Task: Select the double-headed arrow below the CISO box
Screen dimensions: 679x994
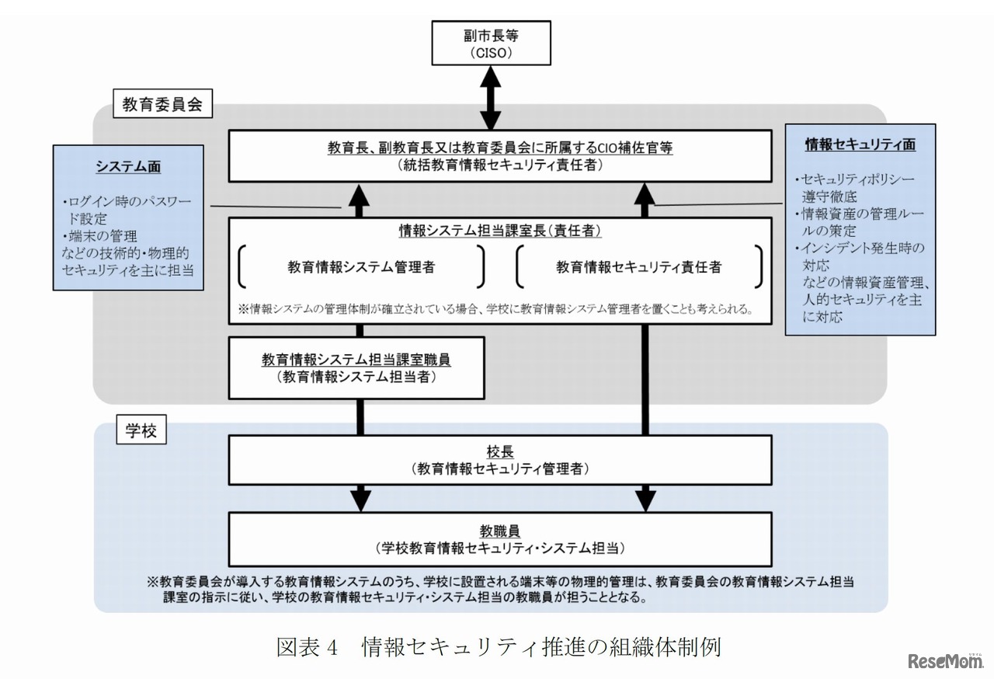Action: pos(491,98)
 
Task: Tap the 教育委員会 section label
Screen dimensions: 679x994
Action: pos(162,105)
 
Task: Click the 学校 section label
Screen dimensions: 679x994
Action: pos(141,431)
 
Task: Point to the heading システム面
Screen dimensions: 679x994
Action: pos(129,166)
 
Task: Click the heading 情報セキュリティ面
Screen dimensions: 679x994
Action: pos(860,145)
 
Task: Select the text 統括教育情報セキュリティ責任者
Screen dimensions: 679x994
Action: pos(500,164)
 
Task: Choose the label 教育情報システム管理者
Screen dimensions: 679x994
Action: pos(361,267)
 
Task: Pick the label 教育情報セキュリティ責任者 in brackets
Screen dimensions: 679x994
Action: pos(638,267)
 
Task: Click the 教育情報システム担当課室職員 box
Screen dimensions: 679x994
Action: pos(356,368)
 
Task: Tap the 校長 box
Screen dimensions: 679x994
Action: pos(500,460)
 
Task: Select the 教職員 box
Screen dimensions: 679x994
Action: pos(500,538)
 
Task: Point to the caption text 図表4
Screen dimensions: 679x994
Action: pos(307,647)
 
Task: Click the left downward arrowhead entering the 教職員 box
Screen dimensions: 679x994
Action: pos(360,500)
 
